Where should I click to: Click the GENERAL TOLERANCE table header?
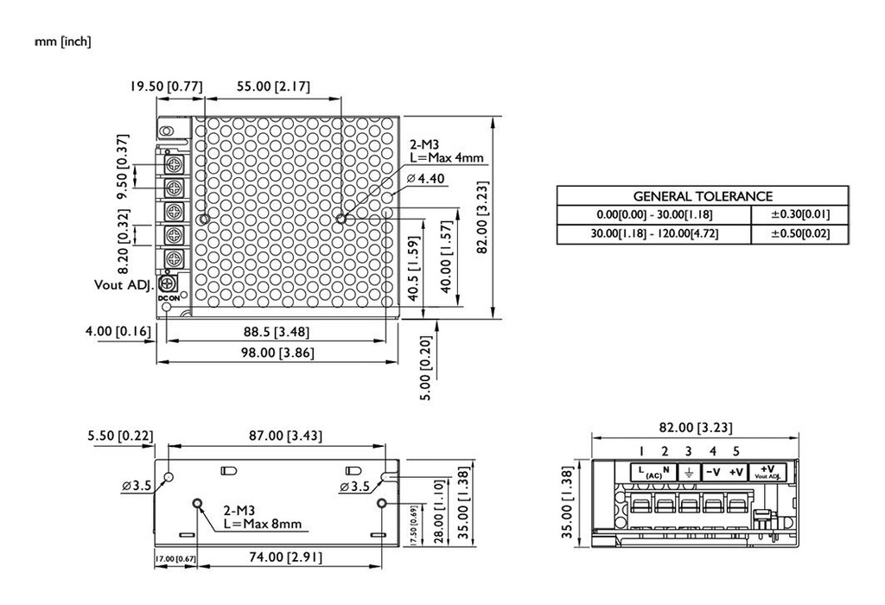702,196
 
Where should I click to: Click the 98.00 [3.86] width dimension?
276,352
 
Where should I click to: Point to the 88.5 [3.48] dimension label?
277,332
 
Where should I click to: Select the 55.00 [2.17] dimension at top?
273,86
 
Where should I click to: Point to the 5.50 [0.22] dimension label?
120,436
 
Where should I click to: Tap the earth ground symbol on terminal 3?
688,472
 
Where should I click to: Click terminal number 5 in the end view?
735,450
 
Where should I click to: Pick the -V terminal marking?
713,472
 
